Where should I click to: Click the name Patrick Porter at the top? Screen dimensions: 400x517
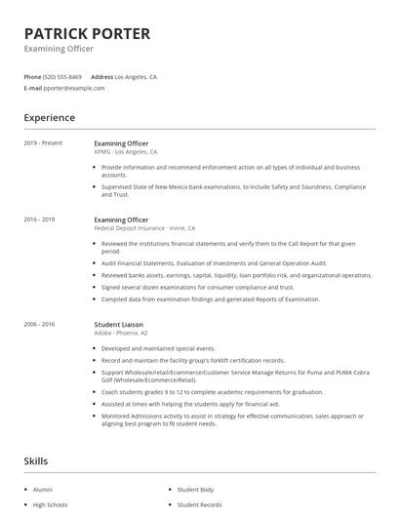pyautogui.click(x=87, y=34)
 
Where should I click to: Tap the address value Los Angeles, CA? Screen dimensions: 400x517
pyautogui.click(x=136, y=76)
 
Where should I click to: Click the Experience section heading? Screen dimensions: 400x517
pyautogui.click(x=49, y=118)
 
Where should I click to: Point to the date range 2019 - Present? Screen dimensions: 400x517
pyautogui.click(x=43, y=143)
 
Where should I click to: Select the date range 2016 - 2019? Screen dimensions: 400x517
pyautogui.click(x=39, y=219)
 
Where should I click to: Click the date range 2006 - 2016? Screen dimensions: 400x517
pyautogui.click(x=39, y=324)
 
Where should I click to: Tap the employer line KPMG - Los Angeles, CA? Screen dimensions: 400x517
pyautogui.click(x=125, y=152)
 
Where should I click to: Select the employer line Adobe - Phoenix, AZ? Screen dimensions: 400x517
pyautogui.click(x=120, y=333)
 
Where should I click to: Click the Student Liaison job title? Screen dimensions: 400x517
pyautogui.click(x=120, y=324)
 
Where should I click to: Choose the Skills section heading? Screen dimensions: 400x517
pyautogui.click(x=36, y=460)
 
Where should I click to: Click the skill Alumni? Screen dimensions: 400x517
pyautogui.click(x=44, y=489)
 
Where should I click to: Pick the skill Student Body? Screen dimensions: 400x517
pyautogui.click(x=195, y=489)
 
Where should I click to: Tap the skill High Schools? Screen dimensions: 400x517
pyautogui.click(x=50, y=504)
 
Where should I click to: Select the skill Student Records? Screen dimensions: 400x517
pyautogui.click(x=199, y=504)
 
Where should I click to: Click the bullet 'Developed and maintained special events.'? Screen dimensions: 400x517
pyautogui.click(x=158, y=348)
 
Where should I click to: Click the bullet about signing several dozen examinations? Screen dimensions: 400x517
pyautogui.click(x=197, y=287)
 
